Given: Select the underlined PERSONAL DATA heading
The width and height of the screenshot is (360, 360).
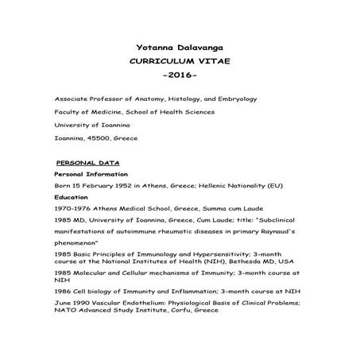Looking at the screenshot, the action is [x=83, y=162].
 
